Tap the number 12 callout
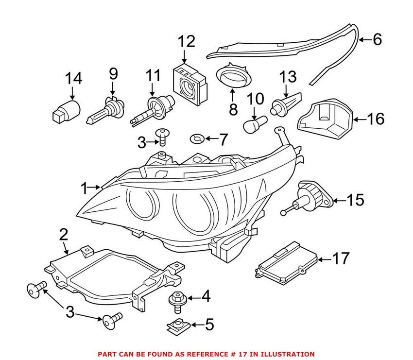(186, 42)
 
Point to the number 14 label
(74, 78)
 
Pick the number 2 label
(64, 236)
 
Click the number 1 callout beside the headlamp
(85, 188)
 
